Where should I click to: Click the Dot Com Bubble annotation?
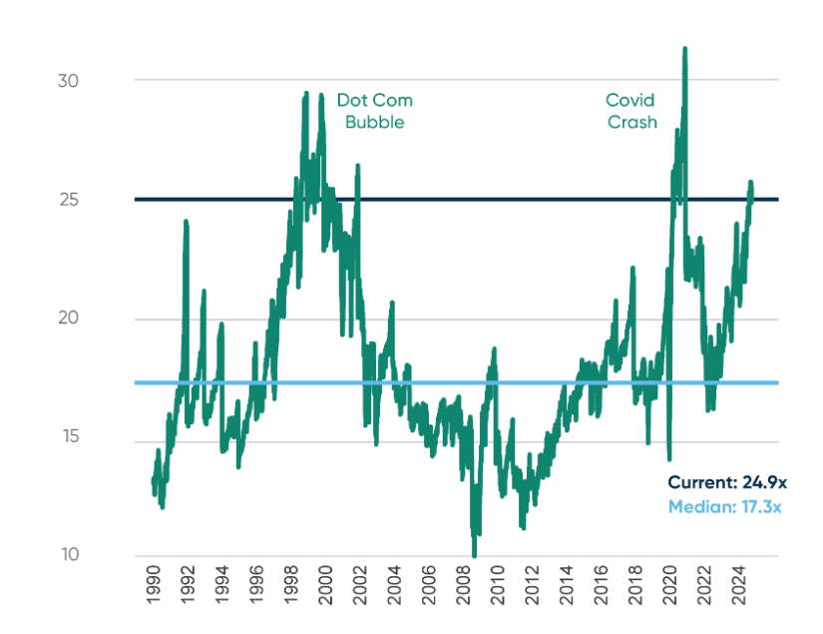[x=373, y=111]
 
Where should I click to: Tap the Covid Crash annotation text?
[x=631, y=111]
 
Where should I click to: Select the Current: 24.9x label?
[x=727, y=481]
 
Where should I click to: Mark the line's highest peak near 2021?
[x=684, y=48]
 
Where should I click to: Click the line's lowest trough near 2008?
[x=474, y=555]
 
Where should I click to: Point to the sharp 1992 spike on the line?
[x=186, y=222]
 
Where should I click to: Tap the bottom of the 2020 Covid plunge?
[x=669, y=458]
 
